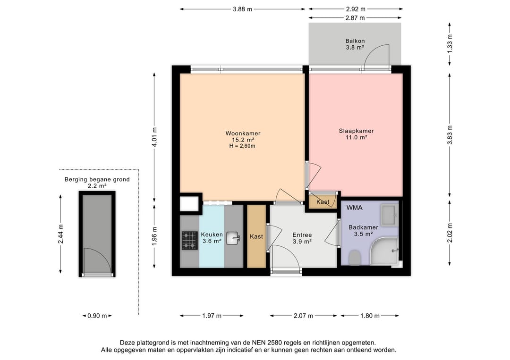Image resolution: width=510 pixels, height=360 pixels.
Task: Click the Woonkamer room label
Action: pos(243,134)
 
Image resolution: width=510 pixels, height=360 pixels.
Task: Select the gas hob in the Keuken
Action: pos(190,239)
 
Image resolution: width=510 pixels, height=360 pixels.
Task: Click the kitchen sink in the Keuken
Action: pos(233,238)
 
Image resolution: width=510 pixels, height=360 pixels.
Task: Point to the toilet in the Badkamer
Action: pos(354,258)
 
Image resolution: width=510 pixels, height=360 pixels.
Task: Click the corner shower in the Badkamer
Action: pos(385,252)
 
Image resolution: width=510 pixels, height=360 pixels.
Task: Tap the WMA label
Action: pos(354,208)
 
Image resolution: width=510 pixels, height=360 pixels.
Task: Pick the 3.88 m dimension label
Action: pos(243,9)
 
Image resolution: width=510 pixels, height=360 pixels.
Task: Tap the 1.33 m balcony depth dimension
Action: pos(450,43)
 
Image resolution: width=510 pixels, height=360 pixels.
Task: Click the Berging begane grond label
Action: pos(97,179)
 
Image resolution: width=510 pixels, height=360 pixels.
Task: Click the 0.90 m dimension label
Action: pos(97,316)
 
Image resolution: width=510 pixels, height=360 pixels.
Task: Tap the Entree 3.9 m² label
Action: pos(302,238)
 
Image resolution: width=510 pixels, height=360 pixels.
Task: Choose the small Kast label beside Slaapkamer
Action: pos(323,202)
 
